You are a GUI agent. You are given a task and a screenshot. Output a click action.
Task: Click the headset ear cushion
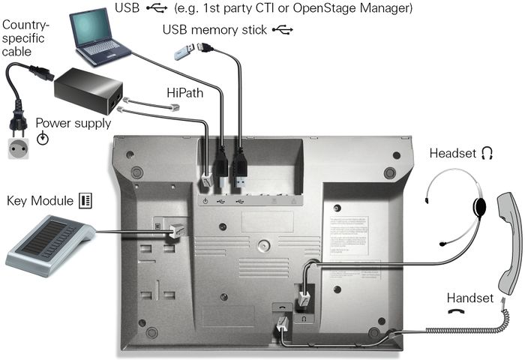click(x=479, y=206)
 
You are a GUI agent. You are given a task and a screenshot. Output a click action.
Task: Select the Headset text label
click(x=452, y=153)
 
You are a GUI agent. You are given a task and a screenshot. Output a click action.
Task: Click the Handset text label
click(x=470, y=298)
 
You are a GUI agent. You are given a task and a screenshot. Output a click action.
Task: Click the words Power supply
click(x=73, y=123)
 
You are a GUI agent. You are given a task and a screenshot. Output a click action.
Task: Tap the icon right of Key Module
click(x=85, y=200)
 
